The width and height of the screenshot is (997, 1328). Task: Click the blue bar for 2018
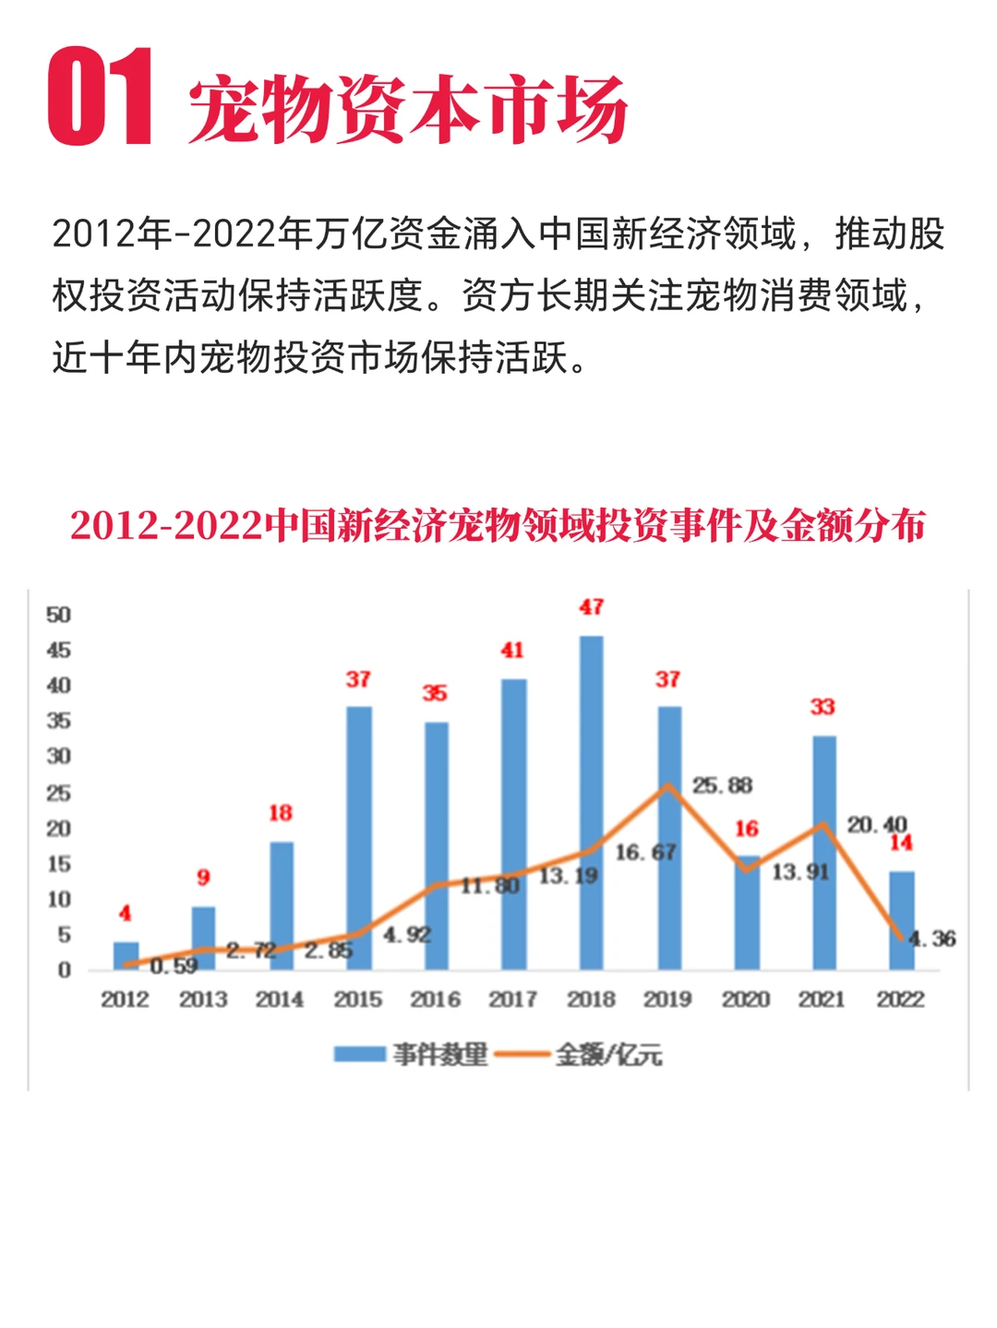pyautogui.click(x=591, y=803)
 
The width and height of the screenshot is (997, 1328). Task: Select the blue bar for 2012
pyautogui.click(x=126, y=956)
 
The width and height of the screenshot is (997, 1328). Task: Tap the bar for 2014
pyautogui.click(x=282, y=904)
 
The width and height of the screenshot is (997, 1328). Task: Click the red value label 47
pyautogui.click(x=592, y=607)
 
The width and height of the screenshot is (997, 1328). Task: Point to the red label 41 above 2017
pyautogui.click(x=512, y=651)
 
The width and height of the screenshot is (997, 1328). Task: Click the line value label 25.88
pyautogui.click(x=723, y=785)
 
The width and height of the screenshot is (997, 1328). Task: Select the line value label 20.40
pyautogui.click(x=877, y=824)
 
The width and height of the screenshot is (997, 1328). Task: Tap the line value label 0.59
pyautogui.click(x=174, y=966)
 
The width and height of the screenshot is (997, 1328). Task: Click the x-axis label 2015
pyautogui.click(x=358, y=999)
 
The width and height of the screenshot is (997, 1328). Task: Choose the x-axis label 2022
pyautogui.click(x=900, y=999)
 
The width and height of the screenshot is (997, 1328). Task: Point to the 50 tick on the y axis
pyautogui.click(x=58, y=616)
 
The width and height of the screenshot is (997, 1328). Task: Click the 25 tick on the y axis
pyautogui.click(x=58, y=793)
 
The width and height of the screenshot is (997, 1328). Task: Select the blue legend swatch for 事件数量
pyautogui.click(x=359, y=1054)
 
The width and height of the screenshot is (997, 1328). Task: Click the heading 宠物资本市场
pyautogui.click(x=407, y=110)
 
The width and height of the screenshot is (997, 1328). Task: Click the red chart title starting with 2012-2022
pyautogui.click(x=498, y=526)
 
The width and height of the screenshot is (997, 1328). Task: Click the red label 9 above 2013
pyautogui.click(x=203, y=878)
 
